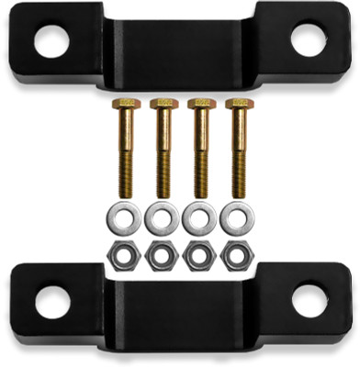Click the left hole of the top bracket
(52, 38)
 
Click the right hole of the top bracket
(307, 38)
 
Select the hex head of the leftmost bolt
(125, 104)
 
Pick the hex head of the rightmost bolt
(238, 104)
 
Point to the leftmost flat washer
(125, 218)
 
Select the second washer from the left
(163, 218)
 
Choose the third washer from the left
(199, 218)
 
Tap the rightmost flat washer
(237, 218)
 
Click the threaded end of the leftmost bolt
(125, 179)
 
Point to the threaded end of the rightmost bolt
(238, 179)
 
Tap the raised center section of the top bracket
(180, 50)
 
